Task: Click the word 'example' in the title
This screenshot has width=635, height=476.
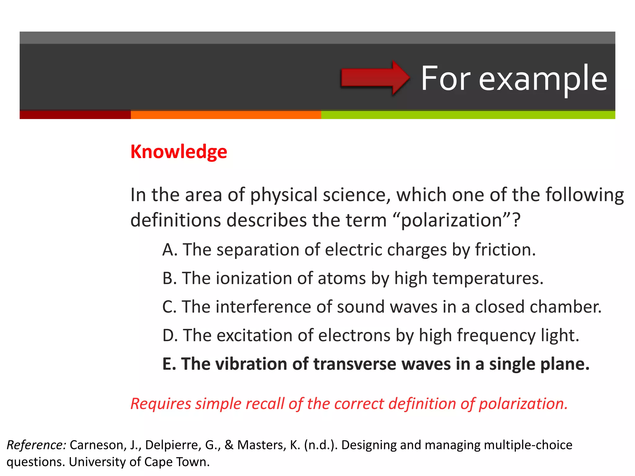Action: click(543, 79)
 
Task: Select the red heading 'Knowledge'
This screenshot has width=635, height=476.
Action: click(179, 152)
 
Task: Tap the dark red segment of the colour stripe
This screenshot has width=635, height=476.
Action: click(75, 115)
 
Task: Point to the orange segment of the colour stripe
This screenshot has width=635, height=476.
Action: click(226, 115)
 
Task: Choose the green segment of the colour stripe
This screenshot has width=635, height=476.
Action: click(468, 115)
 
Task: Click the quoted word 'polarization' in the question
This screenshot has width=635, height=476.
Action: click(451, 221)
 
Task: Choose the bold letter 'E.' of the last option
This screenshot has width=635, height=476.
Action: click(169, 364)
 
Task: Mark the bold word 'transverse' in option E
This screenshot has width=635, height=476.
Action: click(355, 364)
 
